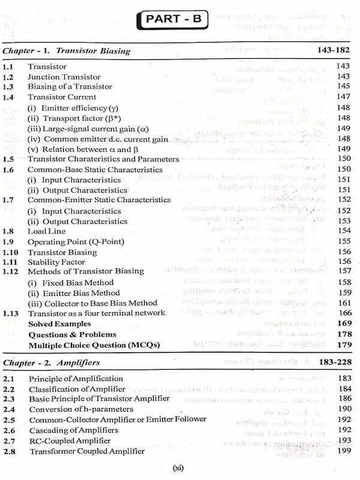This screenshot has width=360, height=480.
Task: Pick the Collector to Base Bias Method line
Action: [x=92, y=303]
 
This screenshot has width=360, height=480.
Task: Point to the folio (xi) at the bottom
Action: [x=178, y=468]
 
